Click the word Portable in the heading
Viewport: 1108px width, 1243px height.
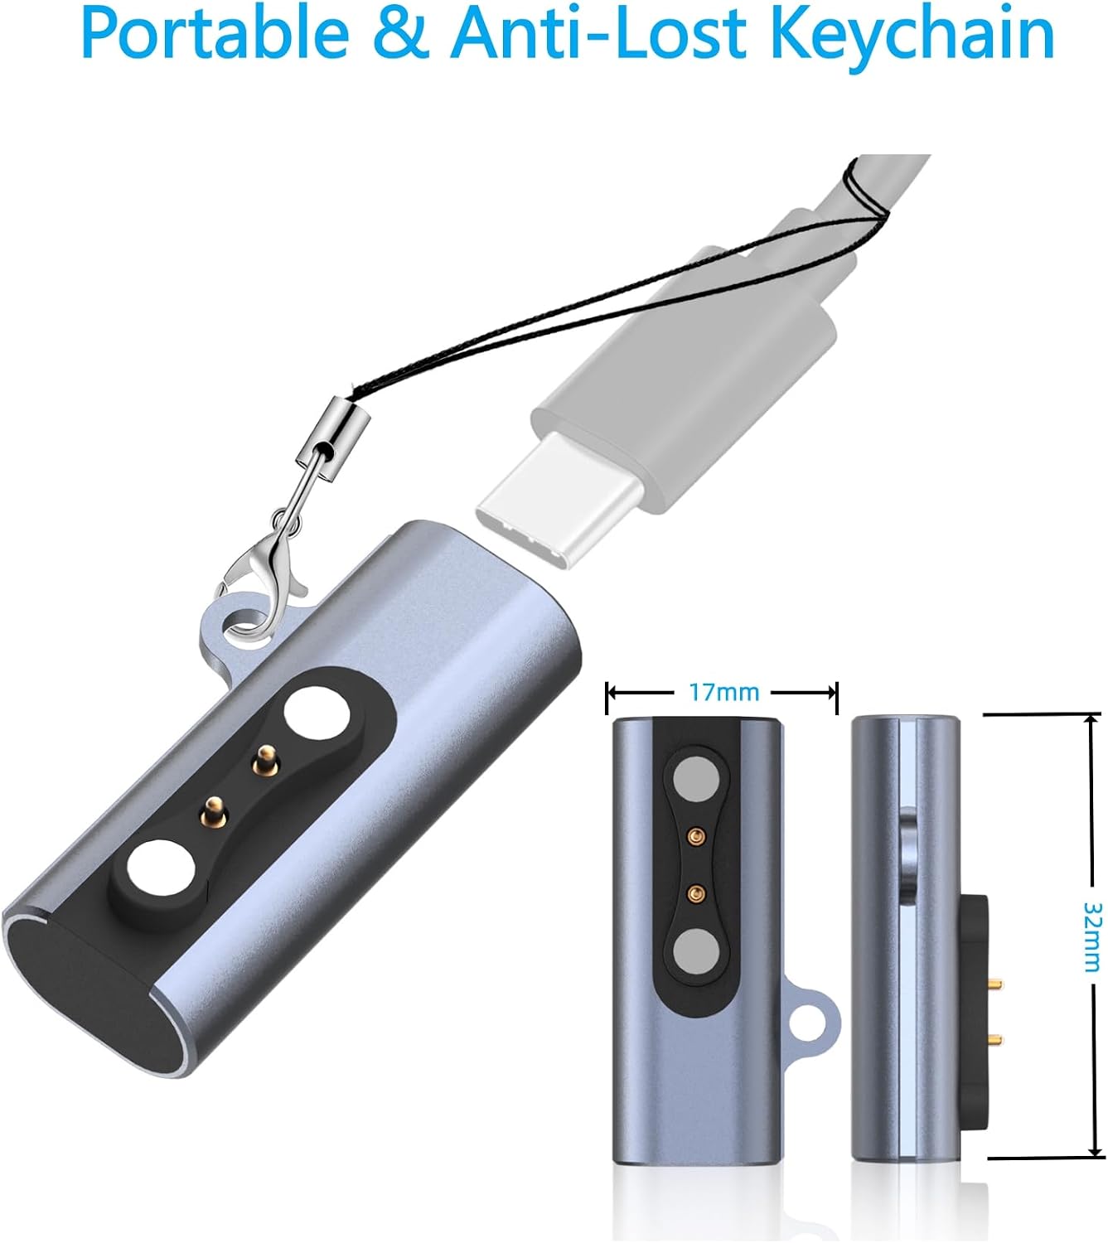point(215,34)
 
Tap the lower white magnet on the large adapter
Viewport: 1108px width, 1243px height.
point(161,872)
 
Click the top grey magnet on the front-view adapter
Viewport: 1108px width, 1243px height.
point(695,781)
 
